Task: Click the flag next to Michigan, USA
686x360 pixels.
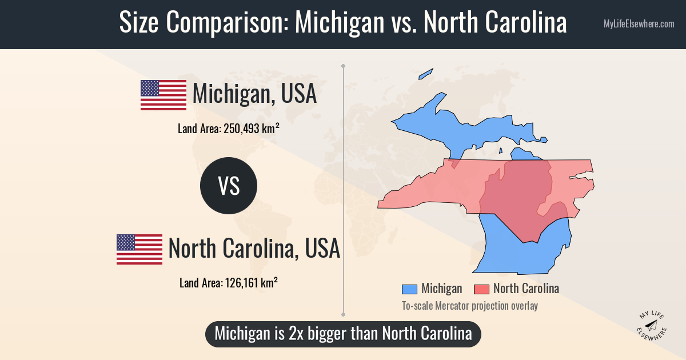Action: coord(163,95)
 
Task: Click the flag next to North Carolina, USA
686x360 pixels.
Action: coord(139,249)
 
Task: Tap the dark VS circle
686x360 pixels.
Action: coord(229,186)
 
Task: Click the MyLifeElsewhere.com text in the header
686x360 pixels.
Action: coord(639,24)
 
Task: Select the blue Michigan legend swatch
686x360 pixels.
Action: coord(409,289)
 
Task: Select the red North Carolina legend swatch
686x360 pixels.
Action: coord(481,289)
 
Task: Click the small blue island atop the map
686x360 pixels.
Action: coord(426,74)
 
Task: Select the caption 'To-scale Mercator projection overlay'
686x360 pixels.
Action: coord(469,306)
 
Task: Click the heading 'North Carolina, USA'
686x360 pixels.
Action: coord(254,249)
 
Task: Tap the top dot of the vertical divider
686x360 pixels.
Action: coord(343,66)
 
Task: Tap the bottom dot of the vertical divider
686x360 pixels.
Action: coord(343,314)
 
